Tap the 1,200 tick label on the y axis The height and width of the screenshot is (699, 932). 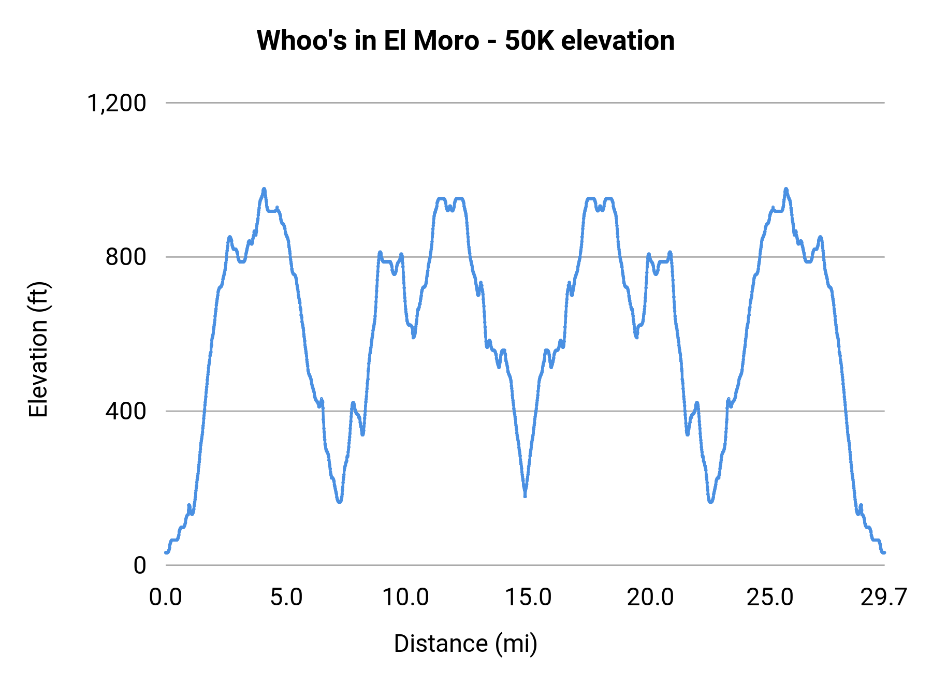pos(117,103)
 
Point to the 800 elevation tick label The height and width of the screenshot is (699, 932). pos(126,257)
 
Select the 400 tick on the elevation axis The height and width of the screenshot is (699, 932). pos(126,411)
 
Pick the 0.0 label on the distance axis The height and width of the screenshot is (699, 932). pos(166,598)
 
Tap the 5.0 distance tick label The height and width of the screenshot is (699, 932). pos(286,598)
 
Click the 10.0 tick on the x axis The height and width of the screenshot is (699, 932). pos(405,598)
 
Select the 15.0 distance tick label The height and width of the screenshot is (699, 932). pos(528,598)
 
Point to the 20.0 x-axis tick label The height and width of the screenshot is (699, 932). pos(650,598)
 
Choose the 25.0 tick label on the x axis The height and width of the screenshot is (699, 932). pos(770,598)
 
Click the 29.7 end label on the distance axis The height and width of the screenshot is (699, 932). pos(883,598)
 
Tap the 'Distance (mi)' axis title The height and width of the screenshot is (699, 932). pos(465,644)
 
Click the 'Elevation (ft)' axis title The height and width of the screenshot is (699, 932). pos(38,349)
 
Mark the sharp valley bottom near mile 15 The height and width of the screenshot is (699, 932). pos(525,494)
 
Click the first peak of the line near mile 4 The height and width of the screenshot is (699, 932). pos(264,190)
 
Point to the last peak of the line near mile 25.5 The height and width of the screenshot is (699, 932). pos(786,190)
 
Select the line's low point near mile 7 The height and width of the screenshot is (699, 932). pos(340,501)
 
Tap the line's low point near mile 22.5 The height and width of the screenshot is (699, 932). pos(711,501)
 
